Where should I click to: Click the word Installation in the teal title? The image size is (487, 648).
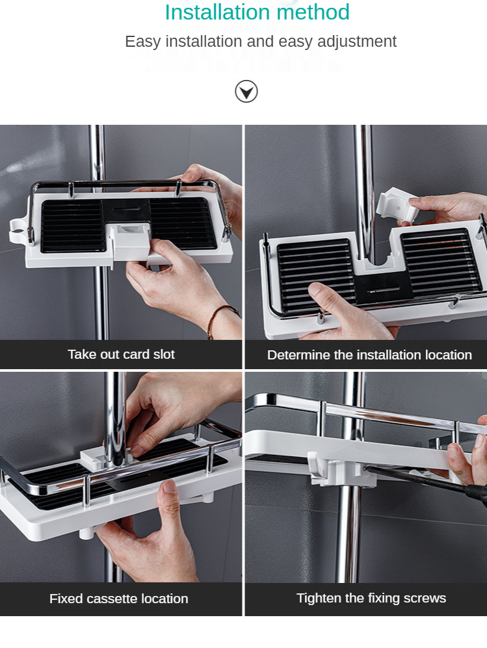pyautogui.click(x=217, y=12)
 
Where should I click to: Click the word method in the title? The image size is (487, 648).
pyautogui.click(x=313, y=12)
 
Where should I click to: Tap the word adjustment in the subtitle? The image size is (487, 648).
pyautogui.click(x=357, y=42)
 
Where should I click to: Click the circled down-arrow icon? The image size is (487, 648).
pyautogui.click(x=246, y=92)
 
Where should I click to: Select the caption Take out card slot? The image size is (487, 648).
pyautogui.click(x=121, y=354)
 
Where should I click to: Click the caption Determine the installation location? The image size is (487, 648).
pyautogui.click(x=369, y=355)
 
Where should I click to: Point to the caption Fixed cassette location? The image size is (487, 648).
pyautogui.click(x=118, y=599)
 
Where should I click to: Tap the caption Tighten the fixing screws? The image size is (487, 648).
pyautogui.click(x=371, y=598)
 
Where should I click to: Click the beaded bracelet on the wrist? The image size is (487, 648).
pyautogui.click(x=220, y=320)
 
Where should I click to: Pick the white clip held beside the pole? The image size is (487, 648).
pyautogui.click(x=397, y=206)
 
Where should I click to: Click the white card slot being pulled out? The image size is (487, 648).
pyautogui.click(x=129, y=242)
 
